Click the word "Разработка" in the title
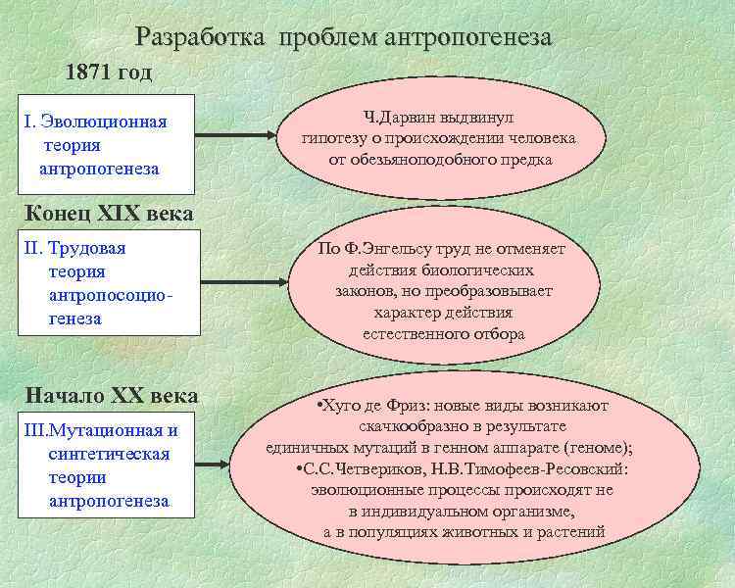click(202, 37)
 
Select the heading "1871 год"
click(109, 73)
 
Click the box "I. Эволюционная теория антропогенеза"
click(105, 145)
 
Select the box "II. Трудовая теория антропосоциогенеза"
click(105, 284)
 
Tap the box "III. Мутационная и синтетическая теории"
click(105, 465)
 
